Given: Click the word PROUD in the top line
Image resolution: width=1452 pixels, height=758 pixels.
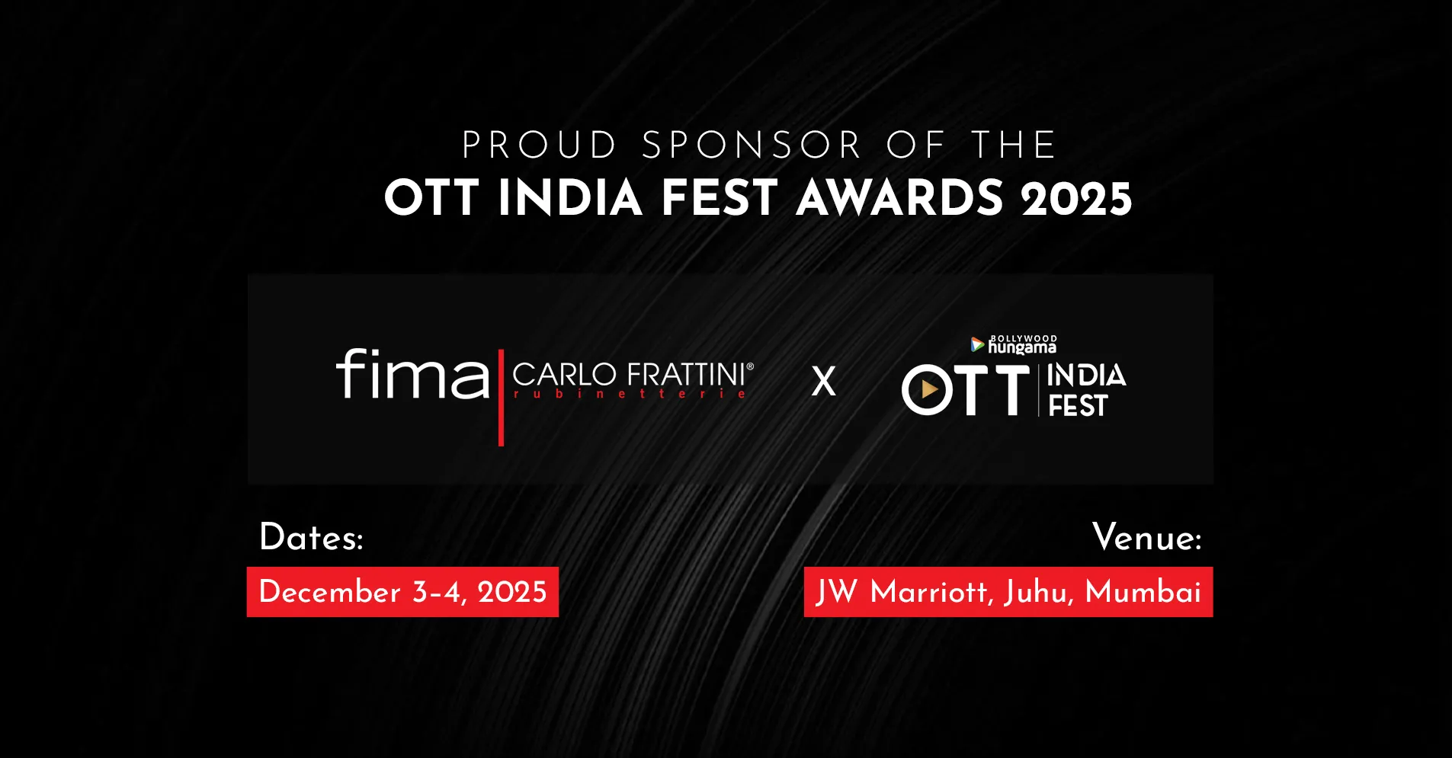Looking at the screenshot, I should click(x=539, y=146).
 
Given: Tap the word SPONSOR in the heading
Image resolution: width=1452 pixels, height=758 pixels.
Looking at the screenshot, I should click(x=752, y=146).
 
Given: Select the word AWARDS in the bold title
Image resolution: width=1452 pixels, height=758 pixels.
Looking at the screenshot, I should click(x=899, y=199).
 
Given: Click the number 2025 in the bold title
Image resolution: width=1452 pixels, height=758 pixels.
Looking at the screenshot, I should click(x=1076, y=200).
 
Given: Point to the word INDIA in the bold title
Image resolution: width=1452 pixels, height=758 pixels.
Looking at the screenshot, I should click(x=570, y=199).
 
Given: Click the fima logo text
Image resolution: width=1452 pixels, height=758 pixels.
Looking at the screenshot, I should click(x=412, y=374).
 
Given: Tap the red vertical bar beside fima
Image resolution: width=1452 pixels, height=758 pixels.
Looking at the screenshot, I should click(x=501, y=398).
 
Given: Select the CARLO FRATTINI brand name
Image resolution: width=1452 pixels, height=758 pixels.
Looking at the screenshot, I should click(x=632, y=374).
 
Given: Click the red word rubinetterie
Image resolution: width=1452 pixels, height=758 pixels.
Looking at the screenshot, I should click(x=630, y=394).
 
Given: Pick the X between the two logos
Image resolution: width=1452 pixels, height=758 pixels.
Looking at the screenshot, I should click(x=823, y=381).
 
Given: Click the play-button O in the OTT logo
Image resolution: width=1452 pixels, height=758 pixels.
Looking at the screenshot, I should click(x=928, y=390).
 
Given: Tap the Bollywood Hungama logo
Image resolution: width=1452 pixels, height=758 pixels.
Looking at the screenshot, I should click(x=1014, y=345).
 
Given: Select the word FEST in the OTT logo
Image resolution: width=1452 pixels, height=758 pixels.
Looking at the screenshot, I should click(x=1078, y=406).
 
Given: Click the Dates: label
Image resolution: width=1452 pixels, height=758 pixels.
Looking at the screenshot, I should click(x=311, y=538).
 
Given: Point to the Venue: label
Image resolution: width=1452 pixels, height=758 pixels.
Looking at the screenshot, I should click(x=1146, y=538).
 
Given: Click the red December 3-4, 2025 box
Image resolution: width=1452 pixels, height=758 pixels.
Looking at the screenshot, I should click(x=402, y=592).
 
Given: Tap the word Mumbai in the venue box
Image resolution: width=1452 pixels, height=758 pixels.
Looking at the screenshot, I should click(x=1143, y=592).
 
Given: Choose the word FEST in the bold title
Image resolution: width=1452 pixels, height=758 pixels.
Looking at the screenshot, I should click(x=719, y=199).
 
